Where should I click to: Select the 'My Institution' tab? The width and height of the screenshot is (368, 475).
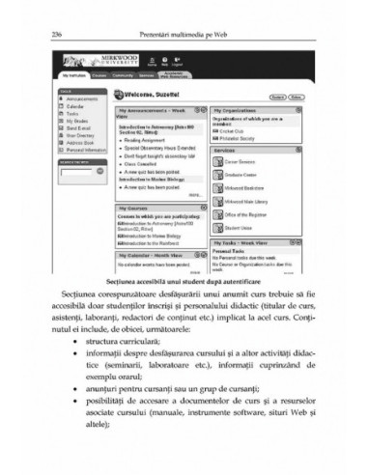pos(75,74)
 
